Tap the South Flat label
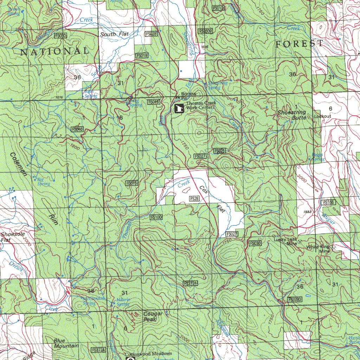(x=114, y=34)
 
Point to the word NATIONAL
(x=54, y=51)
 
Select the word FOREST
(x=299, y=44)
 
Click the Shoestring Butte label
(x=292, y=115)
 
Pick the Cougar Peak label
(x=153, y=316)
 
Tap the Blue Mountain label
(x=66, y=343)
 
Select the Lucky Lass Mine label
(x=285, y=241)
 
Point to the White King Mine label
(x=318, y=249)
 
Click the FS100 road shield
(x=156, y=217)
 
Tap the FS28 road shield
(x=194, y=199)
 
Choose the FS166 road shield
(x=327, y=202)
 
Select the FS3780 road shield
(x=295, y=300)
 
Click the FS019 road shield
(x=142, y=55)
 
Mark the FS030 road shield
(x=255, y=243)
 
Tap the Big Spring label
(x=44, y=181)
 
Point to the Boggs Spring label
(x=318, y=157)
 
